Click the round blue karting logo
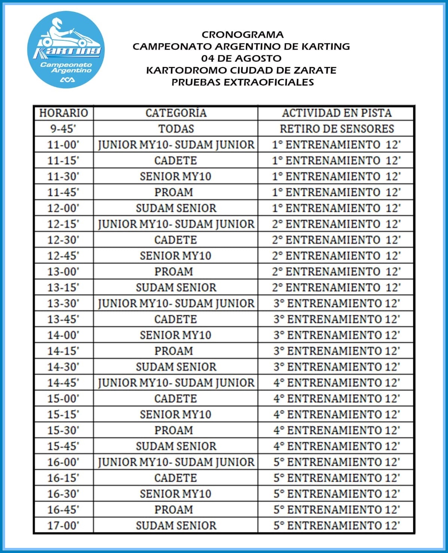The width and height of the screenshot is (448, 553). click(x=66, y=50)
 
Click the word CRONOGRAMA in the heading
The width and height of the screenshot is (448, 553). click(x=242, y=35)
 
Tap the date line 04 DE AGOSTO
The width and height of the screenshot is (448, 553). click(x=241, y=58)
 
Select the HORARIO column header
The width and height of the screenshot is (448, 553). click(x=64, y=113)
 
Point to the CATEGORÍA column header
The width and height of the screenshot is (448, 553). click(x=176, y=113)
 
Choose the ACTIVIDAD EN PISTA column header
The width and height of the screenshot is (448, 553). click(x=337, y=113)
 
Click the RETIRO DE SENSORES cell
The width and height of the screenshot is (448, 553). click(x=337, y=129)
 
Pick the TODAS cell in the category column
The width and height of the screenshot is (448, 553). click(x=176, y=129)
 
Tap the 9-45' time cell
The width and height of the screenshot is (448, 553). click(x=63, y=129)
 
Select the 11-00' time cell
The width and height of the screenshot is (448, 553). click(x=63, y=145)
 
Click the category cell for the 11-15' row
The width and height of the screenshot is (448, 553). click(x=176, y=160)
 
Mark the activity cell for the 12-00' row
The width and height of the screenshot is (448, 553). click(x=336, y=208)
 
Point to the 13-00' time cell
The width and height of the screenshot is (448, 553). click(x=63, y=272)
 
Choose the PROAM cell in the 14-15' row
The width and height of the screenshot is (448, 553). click(x=174, y=351)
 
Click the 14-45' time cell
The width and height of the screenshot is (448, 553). click(x=63, y=383)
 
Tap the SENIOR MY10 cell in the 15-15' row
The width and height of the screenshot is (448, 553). click(x=176, y=414)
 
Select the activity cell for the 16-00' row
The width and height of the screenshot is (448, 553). click(x=336, y=462)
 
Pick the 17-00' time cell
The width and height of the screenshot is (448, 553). click(x=63, y=526)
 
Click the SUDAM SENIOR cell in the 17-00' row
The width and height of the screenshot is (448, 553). click(x=176, y=526)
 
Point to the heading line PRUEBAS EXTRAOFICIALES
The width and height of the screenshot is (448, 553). click(x=242, y=82)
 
